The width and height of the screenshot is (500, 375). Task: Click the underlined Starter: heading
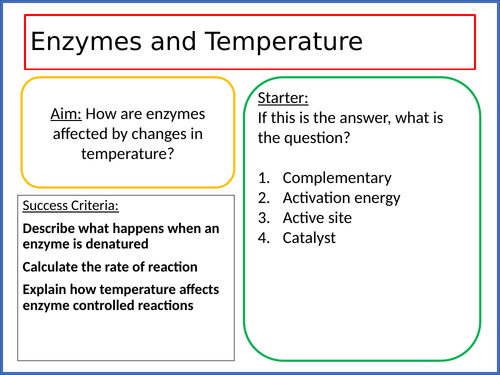point(283,98)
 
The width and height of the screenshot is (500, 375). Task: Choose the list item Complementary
point(337,177)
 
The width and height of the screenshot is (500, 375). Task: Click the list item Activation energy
point(340,197)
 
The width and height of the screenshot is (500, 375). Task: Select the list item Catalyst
point(309,237)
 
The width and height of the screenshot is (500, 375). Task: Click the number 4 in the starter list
point(263,237)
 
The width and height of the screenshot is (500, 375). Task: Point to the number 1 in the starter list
point(263,177)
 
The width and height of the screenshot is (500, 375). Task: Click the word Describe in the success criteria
point(51,229)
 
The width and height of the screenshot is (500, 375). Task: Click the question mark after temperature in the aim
point(173,155)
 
